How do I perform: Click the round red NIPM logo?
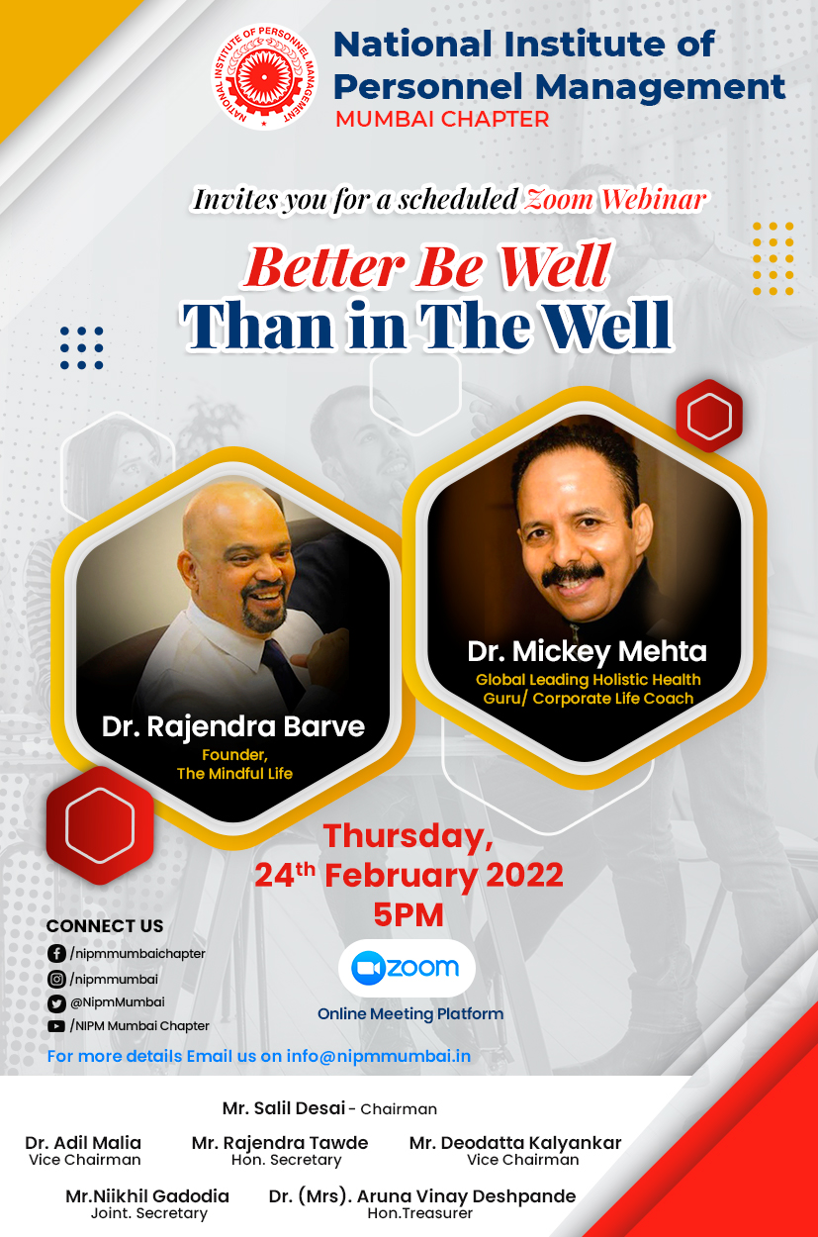265,77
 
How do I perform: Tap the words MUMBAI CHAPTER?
442,120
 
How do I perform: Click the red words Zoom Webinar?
615,199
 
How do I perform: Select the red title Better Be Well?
427,266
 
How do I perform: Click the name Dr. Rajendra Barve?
232,726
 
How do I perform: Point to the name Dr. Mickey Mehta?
587,651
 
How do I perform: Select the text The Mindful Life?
234,773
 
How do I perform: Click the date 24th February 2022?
409,875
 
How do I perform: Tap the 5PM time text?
409,915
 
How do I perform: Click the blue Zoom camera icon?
368,968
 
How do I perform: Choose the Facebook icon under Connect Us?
56,953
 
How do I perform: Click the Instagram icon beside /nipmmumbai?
56,979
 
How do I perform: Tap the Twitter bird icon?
56,1002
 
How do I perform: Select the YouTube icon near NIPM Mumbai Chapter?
56,1026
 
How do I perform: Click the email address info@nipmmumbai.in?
379,1056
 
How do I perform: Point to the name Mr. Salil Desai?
284,1107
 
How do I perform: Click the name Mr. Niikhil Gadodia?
147,1196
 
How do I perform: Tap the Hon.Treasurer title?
420,1213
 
